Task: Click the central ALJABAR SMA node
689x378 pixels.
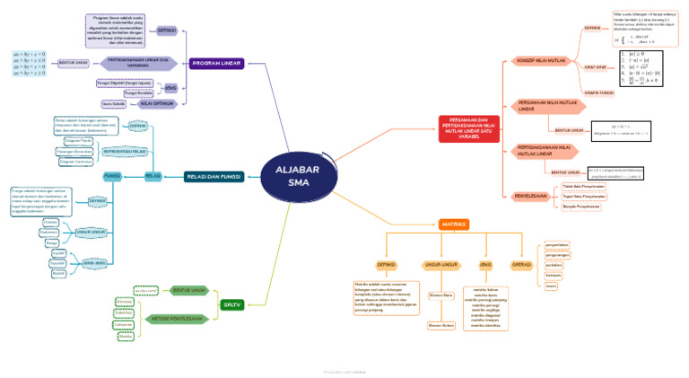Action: click(297, 177)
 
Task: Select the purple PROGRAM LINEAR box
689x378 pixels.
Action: click(216, 63)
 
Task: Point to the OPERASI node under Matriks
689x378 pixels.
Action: click(521, 265)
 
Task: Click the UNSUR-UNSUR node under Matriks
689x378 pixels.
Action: click(440, 265)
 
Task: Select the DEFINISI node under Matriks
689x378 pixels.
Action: click(387, 265)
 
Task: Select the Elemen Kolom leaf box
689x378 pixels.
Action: click(441, 325)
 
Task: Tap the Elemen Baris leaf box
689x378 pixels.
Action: click(441, 294)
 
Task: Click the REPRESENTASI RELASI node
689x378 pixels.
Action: click(126, 152)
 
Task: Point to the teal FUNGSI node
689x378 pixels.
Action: click(113, 176)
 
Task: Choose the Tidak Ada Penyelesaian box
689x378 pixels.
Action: click(583, 186)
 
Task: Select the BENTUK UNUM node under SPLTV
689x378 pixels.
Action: click(189, 290)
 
